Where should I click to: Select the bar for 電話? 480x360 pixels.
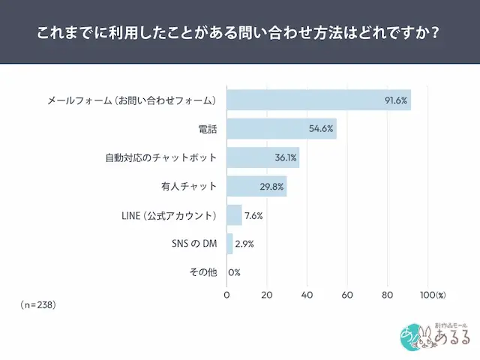pyautogui.click(x=281, y=129)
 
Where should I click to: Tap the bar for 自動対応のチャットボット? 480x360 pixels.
pyautogui.click(x=262, y=157)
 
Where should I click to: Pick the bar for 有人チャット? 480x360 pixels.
pyautogui.click(x=256, y=186)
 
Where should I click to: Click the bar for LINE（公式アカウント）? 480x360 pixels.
pyautogui.click(x=234, y=215)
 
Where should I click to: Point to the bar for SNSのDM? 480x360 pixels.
pyautogui.click(x=229, y=244)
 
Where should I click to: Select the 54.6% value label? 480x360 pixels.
pyautogui.click(x=320, y=129)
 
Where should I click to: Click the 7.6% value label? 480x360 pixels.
pyautogui.click(x=253, y=215)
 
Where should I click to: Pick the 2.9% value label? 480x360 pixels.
pyautogui.click(x=244, y=244)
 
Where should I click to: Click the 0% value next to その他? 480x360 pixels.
pyautogui.click(x=234, y=272)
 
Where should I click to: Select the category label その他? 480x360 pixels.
pyautogui.click(x=204, y=272)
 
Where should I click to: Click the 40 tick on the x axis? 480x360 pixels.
pyautogui.click(x=307, y=295)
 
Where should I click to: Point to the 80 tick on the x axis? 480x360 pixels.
pyautogui.click(x=387, y=295)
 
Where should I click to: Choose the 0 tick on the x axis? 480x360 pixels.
pyautogui.click(x=227, y=295)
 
